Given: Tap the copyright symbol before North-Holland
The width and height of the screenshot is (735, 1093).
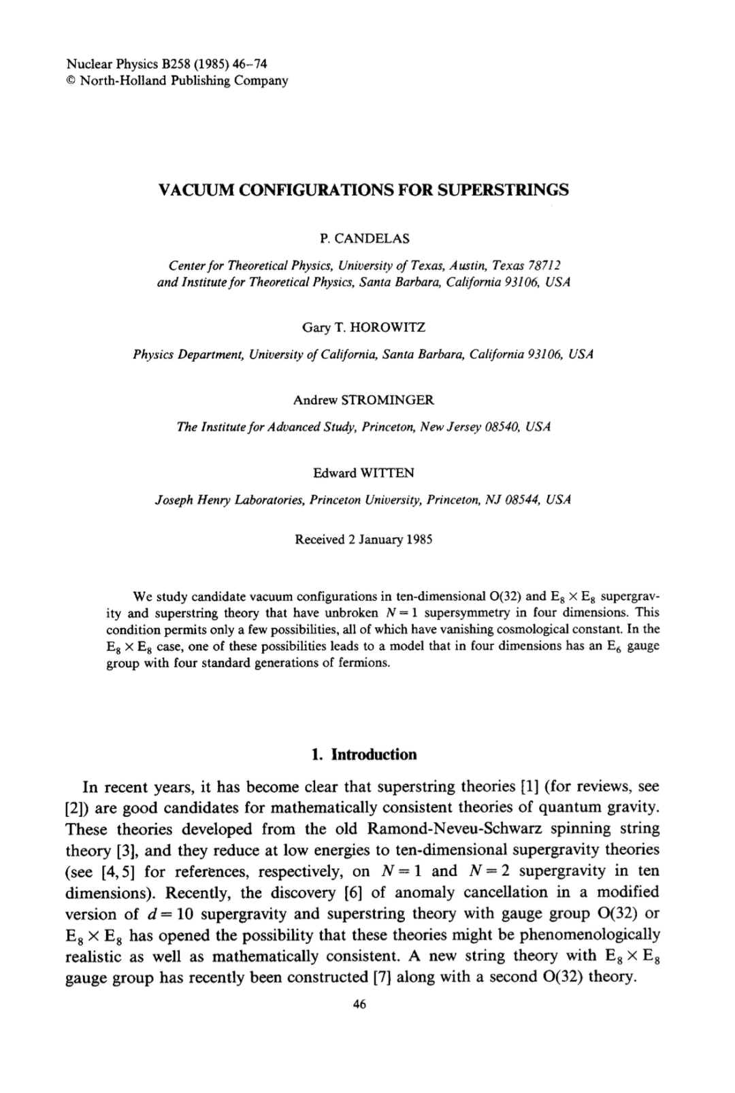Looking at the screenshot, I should pos(71,81).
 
